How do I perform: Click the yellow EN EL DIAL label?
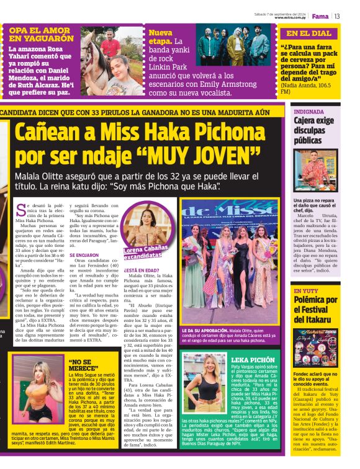coord(309,33)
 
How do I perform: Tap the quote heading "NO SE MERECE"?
coord(82,365)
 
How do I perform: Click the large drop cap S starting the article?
coord(21,210)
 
